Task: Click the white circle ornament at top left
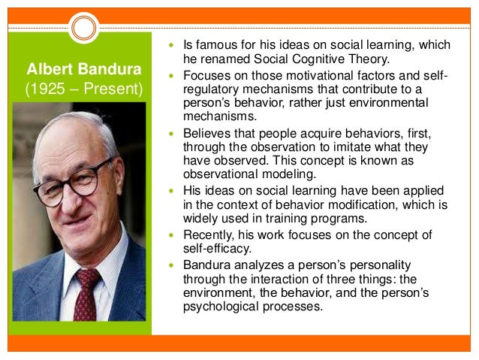click(x=84, y=28)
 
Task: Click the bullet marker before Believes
click(x=169, y=132)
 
